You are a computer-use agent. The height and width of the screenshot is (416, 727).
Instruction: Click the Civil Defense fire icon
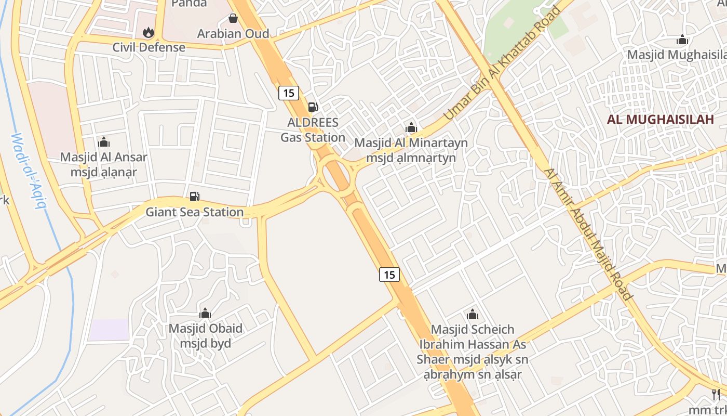[149, 33]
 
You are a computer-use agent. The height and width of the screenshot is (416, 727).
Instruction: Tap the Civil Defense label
[149, 47]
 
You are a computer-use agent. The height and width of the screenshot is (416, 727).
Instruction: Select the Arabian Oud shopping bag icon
[233, 19]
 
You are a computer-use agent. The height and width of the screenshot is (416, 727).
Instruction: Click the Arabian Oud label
[233, 34]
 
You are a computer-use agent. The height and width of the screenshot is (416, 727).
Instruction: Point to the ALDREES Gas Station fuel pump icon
[313, 107]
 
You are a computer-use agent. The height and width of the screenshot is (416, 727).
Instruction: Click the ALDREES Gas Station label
[313, 130]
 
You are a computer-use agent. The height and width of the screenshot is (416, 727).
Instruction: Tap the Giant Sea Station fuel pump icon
[194, 197]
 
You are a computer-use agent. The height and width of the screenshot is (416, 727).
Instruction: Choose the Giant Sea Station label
[194, 212]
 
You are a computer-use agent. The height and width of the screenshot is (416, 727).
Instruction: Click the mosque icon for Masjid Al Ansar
[103, 142]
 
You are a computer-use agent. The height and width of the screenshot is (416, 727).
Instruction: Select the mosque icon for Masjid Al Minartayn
[411, 127]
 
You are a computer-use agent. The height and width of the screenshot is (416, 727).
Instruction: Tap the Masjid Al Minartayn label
[411, 150]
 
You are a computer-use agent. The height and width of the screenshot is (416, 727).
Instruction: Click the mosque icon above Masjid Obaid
[205, 313]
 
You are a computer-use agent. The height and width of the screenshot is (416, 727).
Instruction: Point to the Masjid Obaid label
[205, 336]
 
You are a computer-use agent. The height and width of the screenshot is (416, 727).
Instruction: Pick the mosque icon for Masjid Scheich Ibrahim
[472, 314]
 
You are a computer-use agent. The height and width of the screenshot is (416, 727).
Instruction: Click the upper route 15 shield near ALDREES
[289, 93]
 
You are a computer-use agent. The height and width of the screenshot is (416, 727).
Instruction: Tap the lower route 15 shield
[389, 274]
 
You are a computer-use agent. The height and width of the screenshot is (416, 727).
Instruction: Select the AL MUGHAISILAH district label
[661, 119]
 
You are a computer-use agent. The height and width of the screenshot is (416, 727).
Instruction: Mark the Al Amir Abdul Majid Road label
[587, 234]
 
